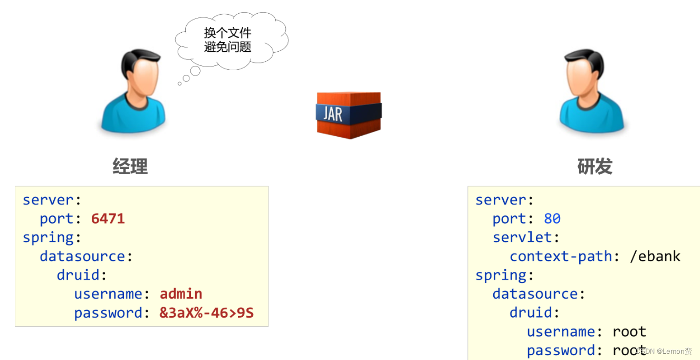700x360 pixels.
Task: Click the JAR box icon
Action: pos(349,115)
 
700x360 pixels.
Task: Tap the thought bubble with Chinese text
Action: pos(230,40)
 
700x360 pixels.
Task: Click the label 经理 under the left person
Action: pos(130,166)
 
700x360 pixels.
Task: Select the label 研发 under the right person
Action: pos(594,166)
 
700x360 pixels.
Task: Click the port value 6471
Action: pos(108,219)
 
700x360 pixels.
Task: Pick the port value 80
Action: pos(552,219)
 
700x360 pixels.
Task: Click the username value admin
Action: pos(181,293)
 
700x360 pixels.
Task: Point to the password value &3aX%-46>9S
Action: pos(206,312)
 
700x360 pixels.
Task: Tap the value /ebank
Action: pos(655,256)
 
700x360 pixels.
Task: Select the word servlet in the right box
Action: pos(522,237)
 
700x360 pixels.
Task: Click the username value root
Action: pos(629,331)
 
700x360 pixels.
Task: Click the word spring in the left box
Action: pos(48,238)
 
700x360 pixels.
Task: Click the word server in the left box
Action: pos(48,200)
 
